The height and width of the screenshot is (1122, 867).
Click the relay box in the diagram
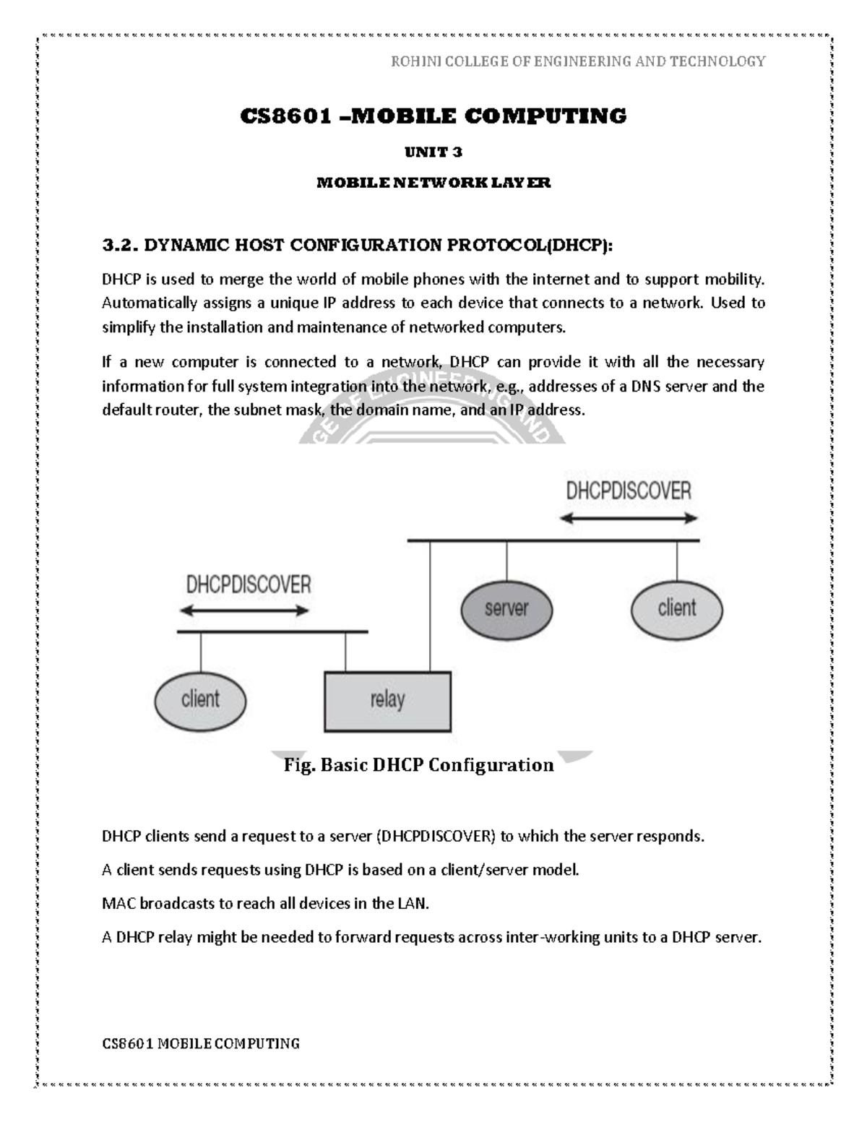(387, 701)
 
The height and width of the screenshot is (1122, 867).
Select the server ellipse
(506, 608)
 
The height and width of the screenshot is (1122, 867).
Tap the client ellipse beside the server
(676, 608)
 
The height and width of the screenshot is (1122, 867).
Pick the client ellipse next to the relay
(200, 700)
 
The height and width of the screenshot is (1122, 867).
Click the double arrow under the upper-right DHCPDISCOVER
(629, 518)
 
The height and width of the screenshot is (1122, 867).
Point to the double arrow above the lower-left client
(244, 610)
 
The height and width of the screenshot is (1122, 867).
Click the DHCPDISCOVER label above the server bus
(628, 491)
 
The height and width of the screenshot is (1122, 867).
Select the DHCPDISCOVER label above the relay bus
(249, 584)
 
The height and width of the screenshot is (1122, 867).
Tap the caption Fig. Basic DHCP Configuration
(419, 764)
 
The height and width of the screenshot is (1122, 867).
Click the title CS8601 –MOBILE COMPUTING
(433, 116)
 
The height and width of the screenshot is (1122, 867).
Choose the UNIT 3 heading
(433, 152)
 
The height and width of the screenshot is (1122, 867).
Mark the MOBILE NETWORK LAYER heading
(433, 183)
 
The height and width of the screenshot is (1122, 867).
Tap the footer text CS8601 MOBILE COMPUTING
(201, 1043)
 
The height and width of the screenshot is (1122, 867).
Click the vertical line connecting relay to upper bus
(431, 605)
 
